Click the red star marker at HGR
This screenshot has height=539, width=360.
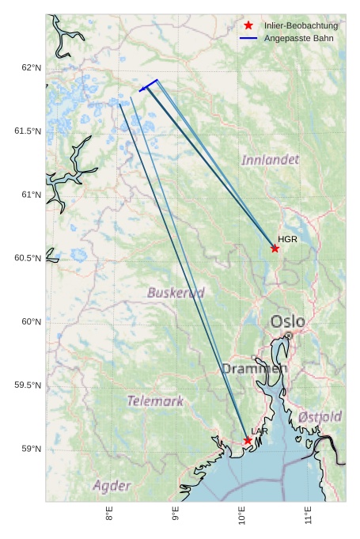pyautogui.click(x=275, y=249)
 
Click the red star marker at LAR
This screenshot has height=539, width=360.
pyautogui.click(x=248, y=440)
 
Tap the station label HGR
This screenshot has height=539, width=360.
pyautogui.click(x=287, y=239)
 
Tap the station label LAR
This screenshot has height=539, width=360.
pyautogui.click(x=260, y=431)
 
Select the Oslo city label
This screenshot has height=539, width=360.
pyautogui.click(x=287, y=321)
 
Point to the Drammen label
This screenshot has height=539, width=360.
pyautogui.click(x=254, y=369)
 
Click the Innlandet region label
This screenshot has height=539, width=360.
pyautogui.click(x=271, y=160)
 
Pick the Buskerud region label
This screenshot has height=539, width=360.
pyautogui.click(x=176, y=293)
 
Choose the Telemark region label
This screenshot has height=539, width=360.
pyautogui.click(x=155, y=401)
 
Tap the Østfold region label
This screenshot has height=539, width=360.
pyautogui.click(x=320, y=416)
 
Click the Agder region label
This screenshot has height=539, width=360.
pyautogui.click(x=112, y=485)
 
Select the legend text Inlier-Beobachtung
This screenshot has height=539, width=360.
pyautogui.click(x=301, y=26)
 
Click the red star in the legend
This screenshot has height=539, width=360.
pyautogui.click(x=248, y=26)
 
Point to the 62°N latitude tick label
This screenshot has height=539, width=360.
pyautogui.click(x=31, y=68)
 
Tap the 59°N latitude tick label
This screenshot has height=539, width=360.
pyautogui.click(x=31, y=449)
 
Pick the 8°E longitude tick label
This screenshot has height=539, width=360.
pyautogui.click(x=110, y=514)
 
